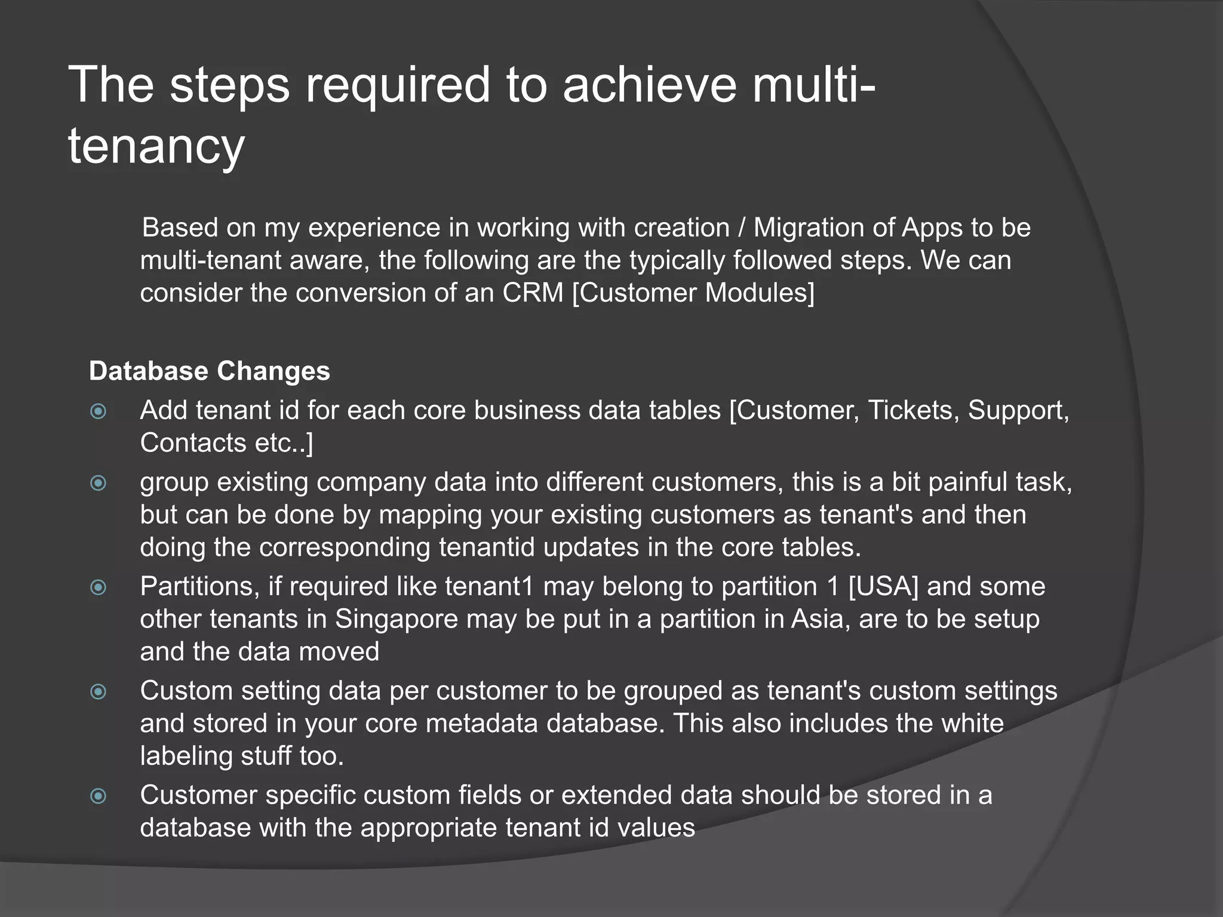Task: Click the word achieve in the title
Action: pyautogui.click(x=650, y=85)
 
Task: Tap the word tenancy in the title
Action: pyautogui.click(x=156, y=146)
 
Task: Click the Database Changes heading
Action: pyautogui.click(x=209, y=371)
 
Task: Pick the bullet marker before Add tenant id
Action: pyautogui.click(x=98, y=411)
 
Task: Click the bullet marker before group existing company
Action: pyautogui.click(x=98, y=483)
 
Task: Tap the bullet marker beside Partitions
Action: pyautogui.click(x=98, y=587)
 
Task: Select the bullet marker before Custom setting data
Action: pyautogui.click(x=98, y=692)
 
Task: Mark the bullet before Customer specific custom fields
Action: pyautogui.click(x=98, y=796)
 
